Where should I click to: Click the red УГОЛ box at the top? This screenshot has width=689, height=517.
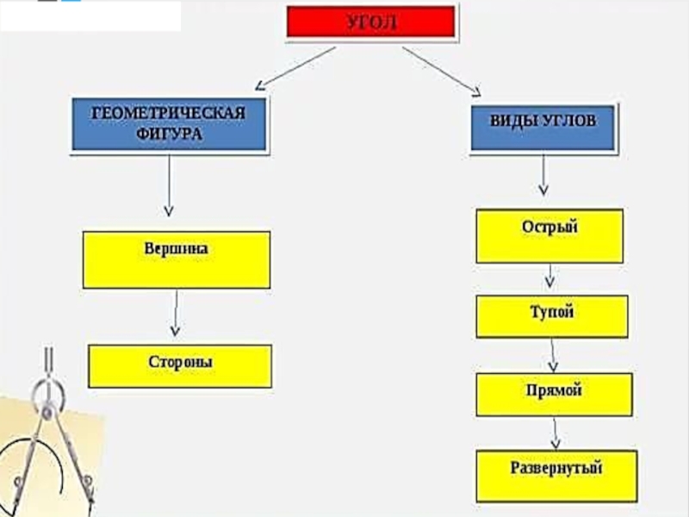pyautogui.click(x=370, y=22)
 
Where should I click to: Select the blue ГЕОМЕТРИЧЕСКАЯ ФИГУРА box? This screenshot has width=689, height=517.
pyautogui.click(x=169, y=125)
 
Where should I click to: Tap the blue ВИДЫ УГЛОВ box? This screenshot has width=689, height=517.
pyautogui.click(x=543, y=128)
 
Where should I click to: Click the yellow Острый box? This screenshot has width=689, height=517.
pyautogui.click(x=549, y=235)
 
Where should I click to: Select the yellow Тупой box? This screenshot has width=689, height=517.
pyautogui.click(x=551, y=316)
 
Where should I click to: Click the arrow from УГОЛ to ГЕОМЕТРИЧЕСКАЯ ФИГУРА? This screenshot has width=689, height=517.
pyautogui.click(x=295, y=67)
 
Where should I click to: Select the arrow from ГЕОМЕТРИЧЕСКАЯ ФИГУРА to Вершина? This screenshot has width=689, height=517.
pyautogui.click(x=169, y=185)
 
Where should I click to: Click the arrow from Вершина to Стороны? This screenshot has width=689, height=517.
pyautogui.click(x=176, y=313)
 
